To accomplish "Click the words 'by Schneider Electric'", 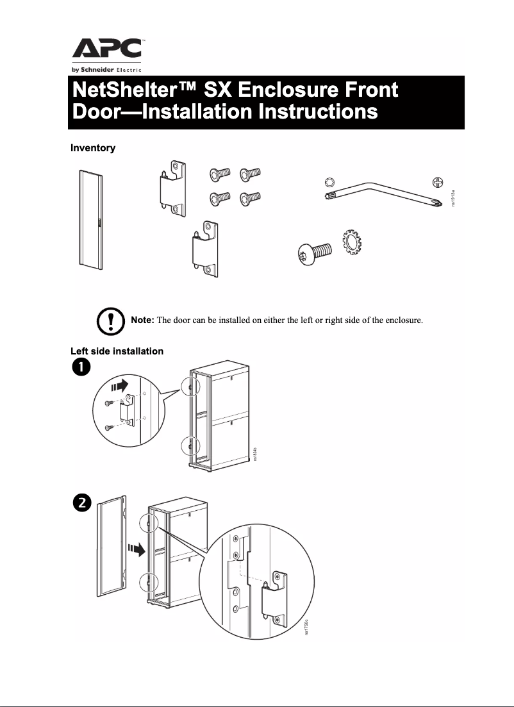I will coord(106,69).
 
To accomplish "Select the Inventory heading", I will coord(93,148).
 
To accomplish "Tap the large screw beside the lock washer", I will coord(313,252).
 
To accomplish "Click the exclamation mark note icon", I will coord(110,320).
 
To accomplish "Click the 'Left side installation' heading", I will coord(117,351).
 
